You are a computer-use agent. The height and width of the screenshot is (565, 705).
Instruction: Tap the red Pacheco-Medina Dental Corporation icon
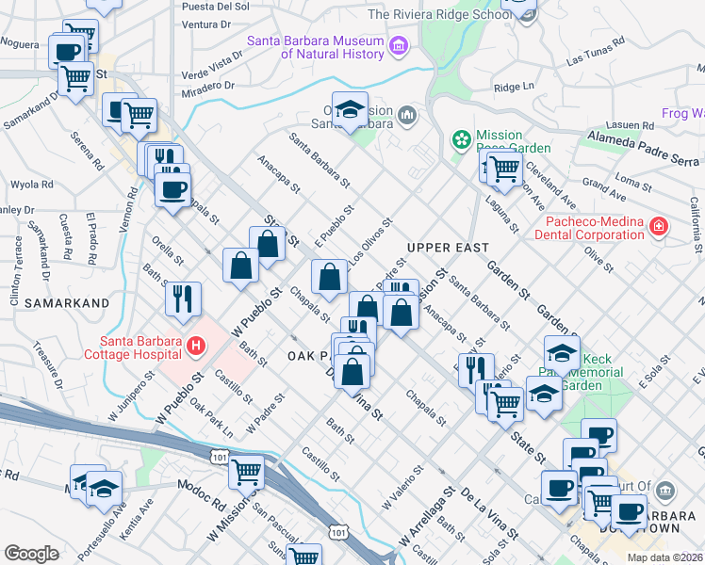pyautogui.click(x=658, y=227)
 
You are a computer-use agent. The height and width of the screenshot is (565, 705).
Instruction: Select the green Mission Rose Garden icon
pyautogui.click(x=461, y=140)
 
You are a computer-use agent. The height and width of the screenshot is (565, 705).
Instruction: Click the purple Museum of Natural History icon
pyautogui.click(x=399, y=44)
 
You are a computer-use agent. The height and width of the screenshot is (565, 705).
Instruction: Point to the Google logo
pyautogui.click(x=31, y=554)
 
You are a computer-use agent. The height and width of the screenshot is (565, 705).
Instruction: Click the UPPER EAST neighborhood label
pyautogui.click(x=448, y=248)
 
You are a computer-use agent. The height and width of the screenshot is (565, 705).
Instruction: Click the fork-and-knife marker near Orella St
pyautogui.click(x=183, y=299)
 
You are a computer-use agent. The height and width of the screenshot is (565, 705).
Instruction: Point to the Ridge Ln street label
pyautogui.click(x=514, y=87)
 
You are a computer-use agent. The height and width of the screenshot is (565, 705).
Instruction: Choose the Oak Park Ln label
pyautogui.click(x=211, y=418)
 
